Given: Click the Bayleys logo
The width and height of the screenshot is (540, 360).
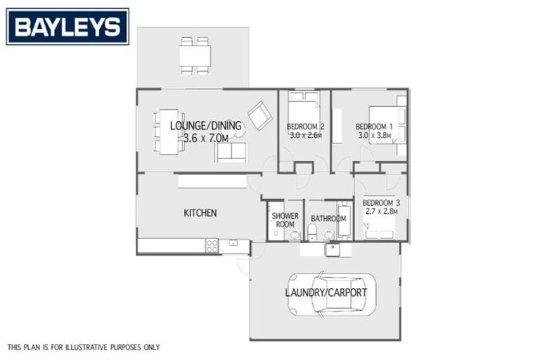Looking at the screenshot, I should [67, 27].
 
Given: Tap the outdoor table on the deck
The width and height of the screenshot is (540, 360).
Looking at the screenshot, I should [195, 56].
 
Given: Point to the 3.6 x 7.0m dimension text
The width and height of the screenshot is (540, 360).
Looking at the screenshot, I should [205, 139].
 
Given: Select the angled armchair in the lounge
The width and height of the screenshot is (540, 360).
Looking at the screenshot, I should [259, 115].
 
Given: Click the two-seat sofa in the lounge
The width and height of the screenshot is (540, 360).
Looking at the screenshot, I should [231, 153].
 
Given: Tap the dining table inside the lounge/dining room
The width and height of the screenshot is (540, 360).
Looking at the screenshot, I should [168, 131].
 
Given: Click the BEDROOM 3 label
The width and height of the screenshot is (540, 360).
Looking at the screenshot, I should [380, 202].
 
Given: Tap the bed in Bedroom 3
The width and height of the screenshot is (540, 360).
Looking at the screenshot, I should [380, 227].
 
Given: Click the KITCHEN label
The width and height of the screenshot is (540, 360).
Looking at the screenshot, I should [200, 213].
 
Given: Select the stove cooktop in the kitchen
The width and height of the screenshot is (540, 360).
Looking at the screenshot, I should [212, 246].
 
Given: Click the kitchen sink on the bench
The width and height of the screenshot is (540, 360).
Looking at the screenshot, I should [235, 243].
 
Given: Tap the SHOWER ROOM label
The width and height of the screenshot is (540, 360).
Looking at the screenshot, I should [285, 219].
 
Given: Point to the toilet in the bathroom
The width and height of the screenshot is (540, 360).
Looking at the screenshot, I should [312, 233].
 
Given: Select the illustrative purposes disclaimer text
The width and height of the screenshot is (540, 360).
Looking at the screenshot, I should [84, 347].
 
